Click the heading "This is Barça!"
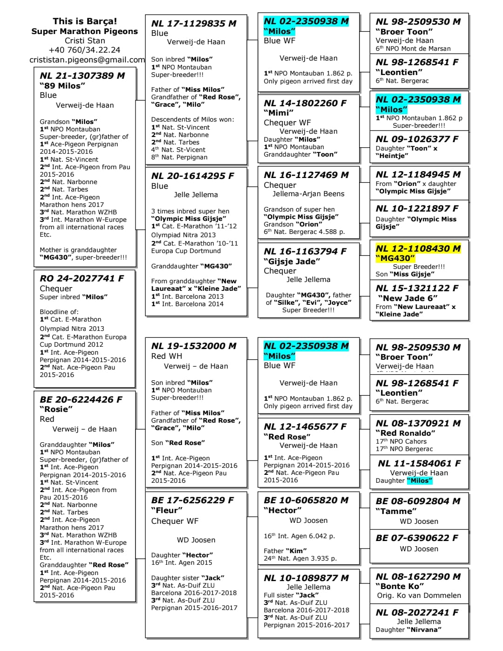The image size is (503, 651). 85,21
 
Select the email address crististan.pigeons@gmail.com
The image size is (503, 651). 87,60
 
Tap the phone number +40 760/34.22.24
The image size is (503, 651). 85,50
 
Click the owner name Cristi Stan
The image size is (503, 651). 85,41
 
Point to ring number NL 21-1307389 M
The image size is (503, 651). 82,75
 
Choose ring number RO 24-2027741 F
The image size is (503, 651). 82,278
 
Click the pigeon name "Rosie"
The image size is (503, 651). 56,409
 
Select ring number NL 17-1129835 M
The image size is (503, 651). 194,23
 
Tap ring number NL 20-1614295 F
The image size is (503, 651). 192,176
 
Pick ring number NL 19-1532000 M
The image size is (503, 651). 194,346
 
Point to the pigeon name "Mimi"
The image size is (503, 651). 279,113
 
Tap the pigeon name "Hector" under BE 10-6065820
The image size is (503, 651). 280,510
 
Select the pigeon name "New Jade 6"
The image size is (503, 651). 408,298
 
